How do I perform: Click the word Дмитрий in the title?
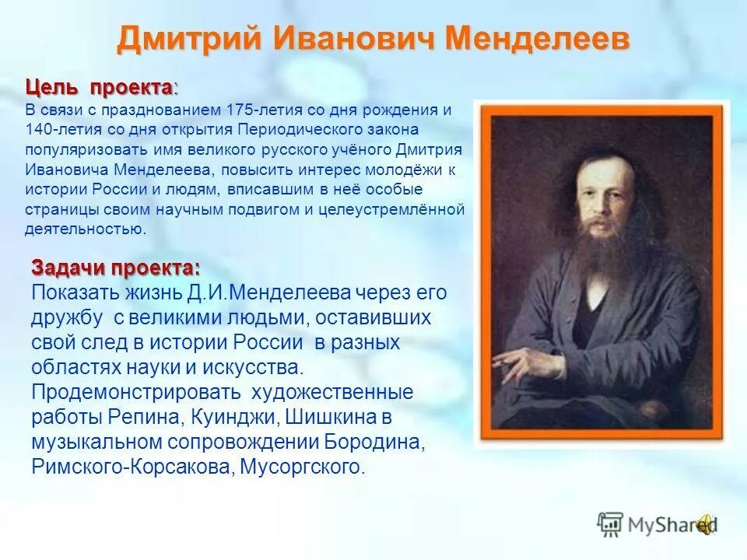189,39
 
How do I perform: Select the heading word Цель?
51,88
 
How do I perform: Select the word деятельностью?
85,229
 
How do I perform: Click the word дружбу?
67,318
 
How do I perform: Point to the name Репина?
144,418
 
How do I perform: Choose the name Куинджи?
234,418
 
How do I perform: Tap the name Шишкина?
331,418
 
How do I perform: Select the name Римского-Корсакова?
132,467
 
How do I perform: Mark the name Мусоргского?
302,467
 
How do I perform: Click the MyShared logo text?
672,525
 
